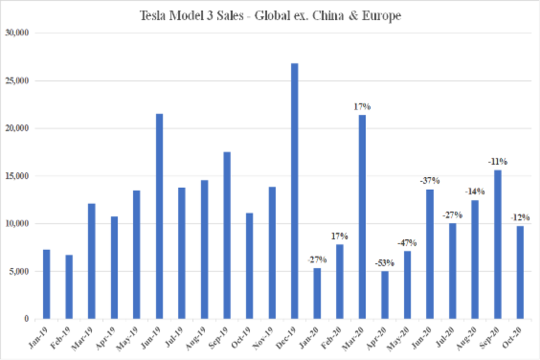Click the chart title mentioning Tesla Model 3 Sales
click(x=270, y=16)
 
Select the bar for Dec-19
click(x=295, y=191)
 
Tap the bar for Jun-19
click(x=159, y=216)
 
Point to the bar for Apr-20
click(x=385, y=295)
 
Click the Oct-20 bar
click(x=520, y=272)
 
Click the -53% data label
click(x=385, y=263)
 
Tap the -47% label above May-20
click(x=407, y=243)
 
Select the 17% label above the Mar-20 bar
click(x=362, y=107)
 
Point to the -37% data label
click(x=430, y=181)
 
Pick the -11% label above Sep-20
click(x=498, y=161)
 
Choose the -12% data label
click(x=520, y=218)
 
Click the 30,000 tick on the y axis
click(x=18, y=33)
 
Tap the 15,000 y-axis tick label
click(x=18, y=176)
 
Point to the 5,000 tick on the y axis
click(x=20, y=271)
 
